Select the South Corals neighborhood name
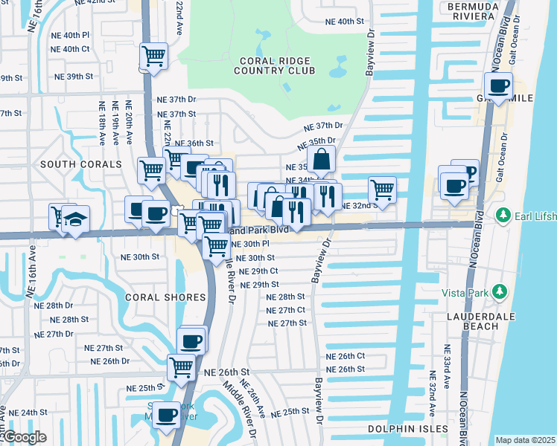pyautogui.click(x=81, y=164)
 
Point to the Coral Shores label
pyautogui.click(x=165, y=297)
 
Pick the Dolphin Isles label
pyautogui.click(x=408, y=429)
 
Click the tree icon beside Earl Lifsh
pyautogui.click(x=503, y=216)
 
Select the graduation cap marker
pyautogui.click(x=75, y=219)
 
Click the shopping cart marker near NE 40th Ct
pyautogui.click(x=153, y=56)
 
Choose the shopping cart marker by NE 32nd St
pyautogui.click(x=382, y=189)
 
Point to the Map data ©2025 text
pyautogui.click(x=525, y=440)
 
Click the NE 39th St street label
pyautogui.click(x=73, y=77)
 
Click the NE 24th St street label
pyautogui.click(x=28, y=413)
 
